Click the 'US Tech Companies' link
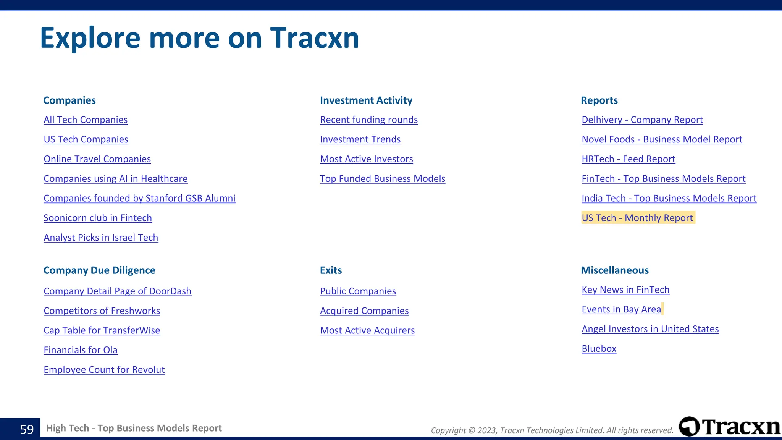pos(86,139)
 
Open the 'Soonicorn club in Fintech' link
pos(98,218)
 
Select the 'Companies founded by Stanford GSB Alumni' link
pos(139,198)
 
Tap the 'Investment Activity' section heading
pos(366,100)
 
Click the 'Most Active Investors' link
pos(366,159)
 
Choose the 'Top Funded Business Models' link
pos(382,179)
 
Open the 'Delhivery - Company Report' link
pos(642,120)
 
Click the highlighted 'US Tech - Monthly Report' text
pos(637,218)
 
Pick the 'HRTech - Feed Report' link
pos(628,159)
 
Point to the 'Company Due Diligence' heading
pos(99,270)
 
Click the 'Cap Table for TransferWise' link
pos(102,330)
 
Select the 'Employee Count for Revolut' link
pos(104,370)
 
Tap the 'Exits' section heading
pos(331,270)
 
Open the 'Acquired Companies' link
pos(364,311)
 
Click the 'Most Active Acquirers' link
pos(367,330)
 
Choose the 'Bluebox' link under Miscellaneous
pos(599,349)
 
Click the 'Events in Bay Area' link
pos(621,309)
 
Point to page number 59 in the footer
pos(27,429)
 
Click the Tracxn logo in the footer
pos(729,427)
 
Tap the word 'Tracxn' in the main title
pos(315,38)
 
